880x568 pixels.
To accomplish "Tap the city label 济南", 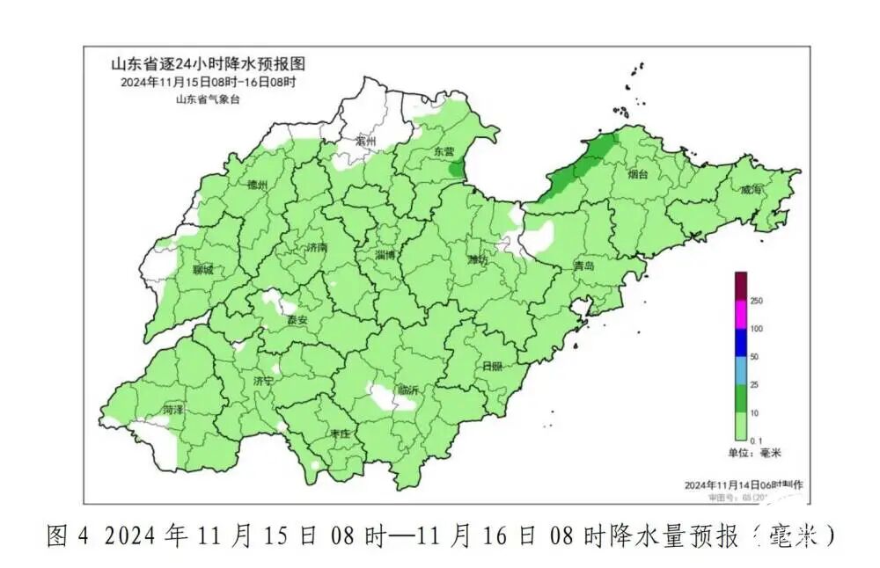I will pyautogui.click(x=315, y=249).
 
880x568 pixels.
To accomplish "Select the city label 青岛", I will pyautogui.click(x=584, y=266).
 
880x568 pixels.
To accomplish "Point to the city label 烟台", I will pyautogui.click(x=638, y=175).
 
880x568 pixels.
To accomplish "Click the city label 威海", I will pyautogui.click(x=752, y=190).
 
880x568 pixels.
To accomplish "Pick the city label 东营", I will pyautogui.click(x=443, y=151).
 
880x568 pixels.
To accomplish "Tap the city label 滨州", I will pyautogui.click(x=365, y=142).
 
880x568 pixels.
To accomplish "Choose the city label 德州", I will pyautogui.click(x=257, y=186).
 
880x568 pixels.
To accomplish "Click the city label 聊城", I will pyautogui.click(x=202, y=269).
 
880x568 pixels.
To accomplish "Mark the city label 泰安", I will pyautogui.click(x=297, y=320).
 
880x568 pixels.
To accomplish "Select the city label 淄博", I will pyautogui.click(x=385, y=255).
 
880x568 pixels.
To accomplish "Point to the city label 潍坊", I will pyautogui.click(x=478, y=259).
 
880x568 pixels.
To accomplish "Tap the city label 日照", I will pyautogui.click(x=493, y=366).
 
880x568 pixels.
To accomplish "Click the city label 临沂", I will pyautogui.click(x=408, y=390).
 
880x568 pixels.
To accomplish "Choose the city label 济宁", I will pyautogui.click(x=263, y=381).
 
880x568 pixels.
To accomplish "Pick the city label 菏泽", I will pyautogui.click(x=172, y=410).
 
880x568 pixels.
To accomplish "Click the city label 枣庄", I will pyautogui.click(x=341, y=434).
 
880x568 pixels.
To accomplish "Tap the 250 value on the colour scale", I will pyautogui.click(x=755, y=301).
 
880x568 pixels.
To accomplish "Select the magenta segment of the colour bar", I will pyautogui.click(x=741, y=314).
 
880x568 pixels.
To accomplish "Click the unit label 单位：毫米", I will pyautogui.click(x=754, y=453).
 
